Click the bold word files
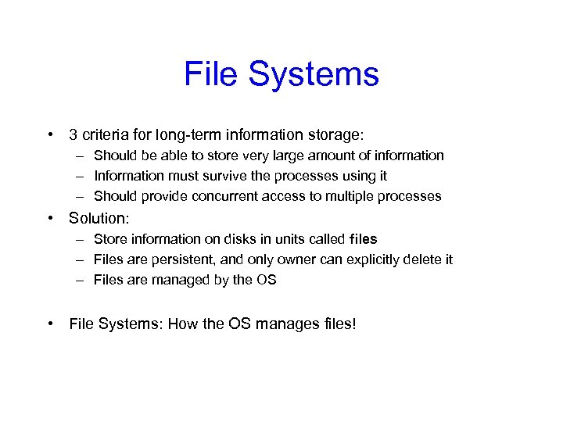point(364,239)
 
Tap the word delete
point(421,259)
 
